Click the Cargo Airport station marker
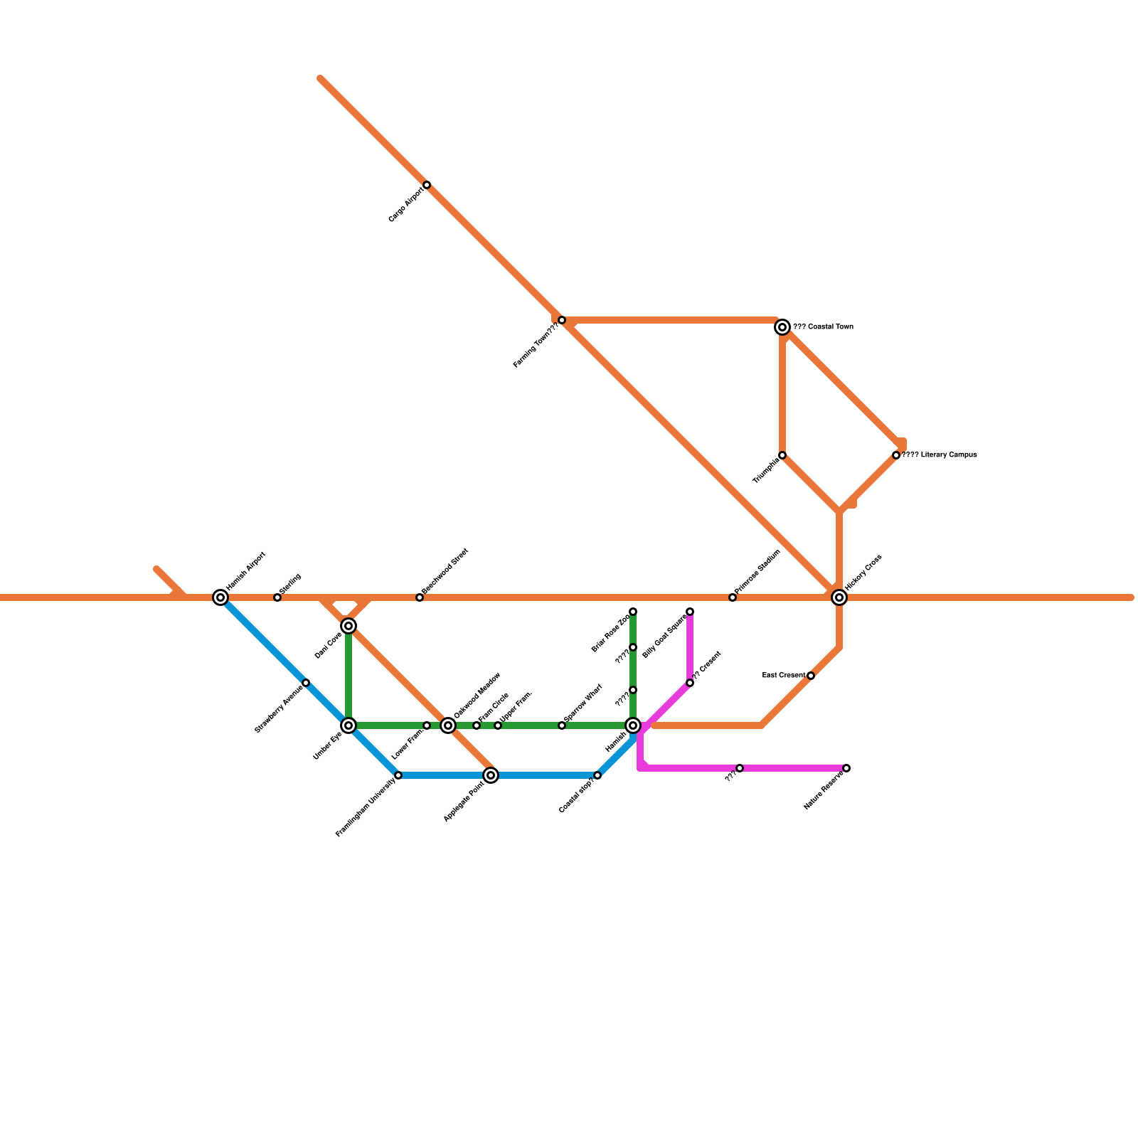click(427, 185)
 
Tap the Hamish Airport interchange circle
click(220, 597)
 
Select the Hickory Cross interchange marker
click(839, 597)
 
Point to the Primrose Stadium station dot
click(733, 597)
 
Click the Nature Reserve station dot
click(846, 768)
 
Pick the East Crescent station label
click(783, 675)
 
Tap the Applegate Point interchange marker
click(491, 775)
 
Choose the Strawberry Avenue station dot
click(306, 683)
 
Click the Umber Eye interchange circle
click(349, 725)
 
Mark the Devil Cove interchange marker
click(349, 626)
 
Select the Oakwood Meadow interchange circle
click(448, 725)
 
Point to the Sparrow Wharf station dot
click(562, 725)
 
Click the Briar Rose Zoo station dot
click(633, 612)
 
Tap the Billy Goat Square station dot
click(690, 612)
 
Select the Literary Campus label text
click(940, 455)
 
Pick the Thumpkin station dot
click(782, 455)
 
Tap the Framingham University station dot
click(398, 775)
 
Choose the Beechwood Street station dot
click(420, 597)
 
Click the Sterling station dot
click(277, 597)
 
